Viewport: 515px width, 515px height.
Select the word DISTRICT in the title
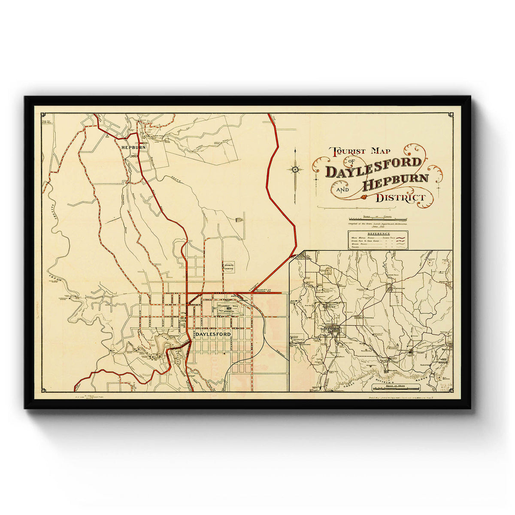point(400,198)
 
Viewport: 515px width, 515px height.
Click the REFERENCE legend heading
point(378,234)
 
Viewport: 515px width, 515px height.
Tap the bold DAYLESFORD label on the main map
point(213,334)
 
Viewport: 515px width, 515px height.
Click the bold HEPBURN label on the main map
point(134,147)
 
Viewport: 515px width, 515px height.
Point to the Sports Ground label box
point(229,267)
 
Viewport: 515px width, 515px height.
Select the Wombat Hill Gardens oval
point(229,309)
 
